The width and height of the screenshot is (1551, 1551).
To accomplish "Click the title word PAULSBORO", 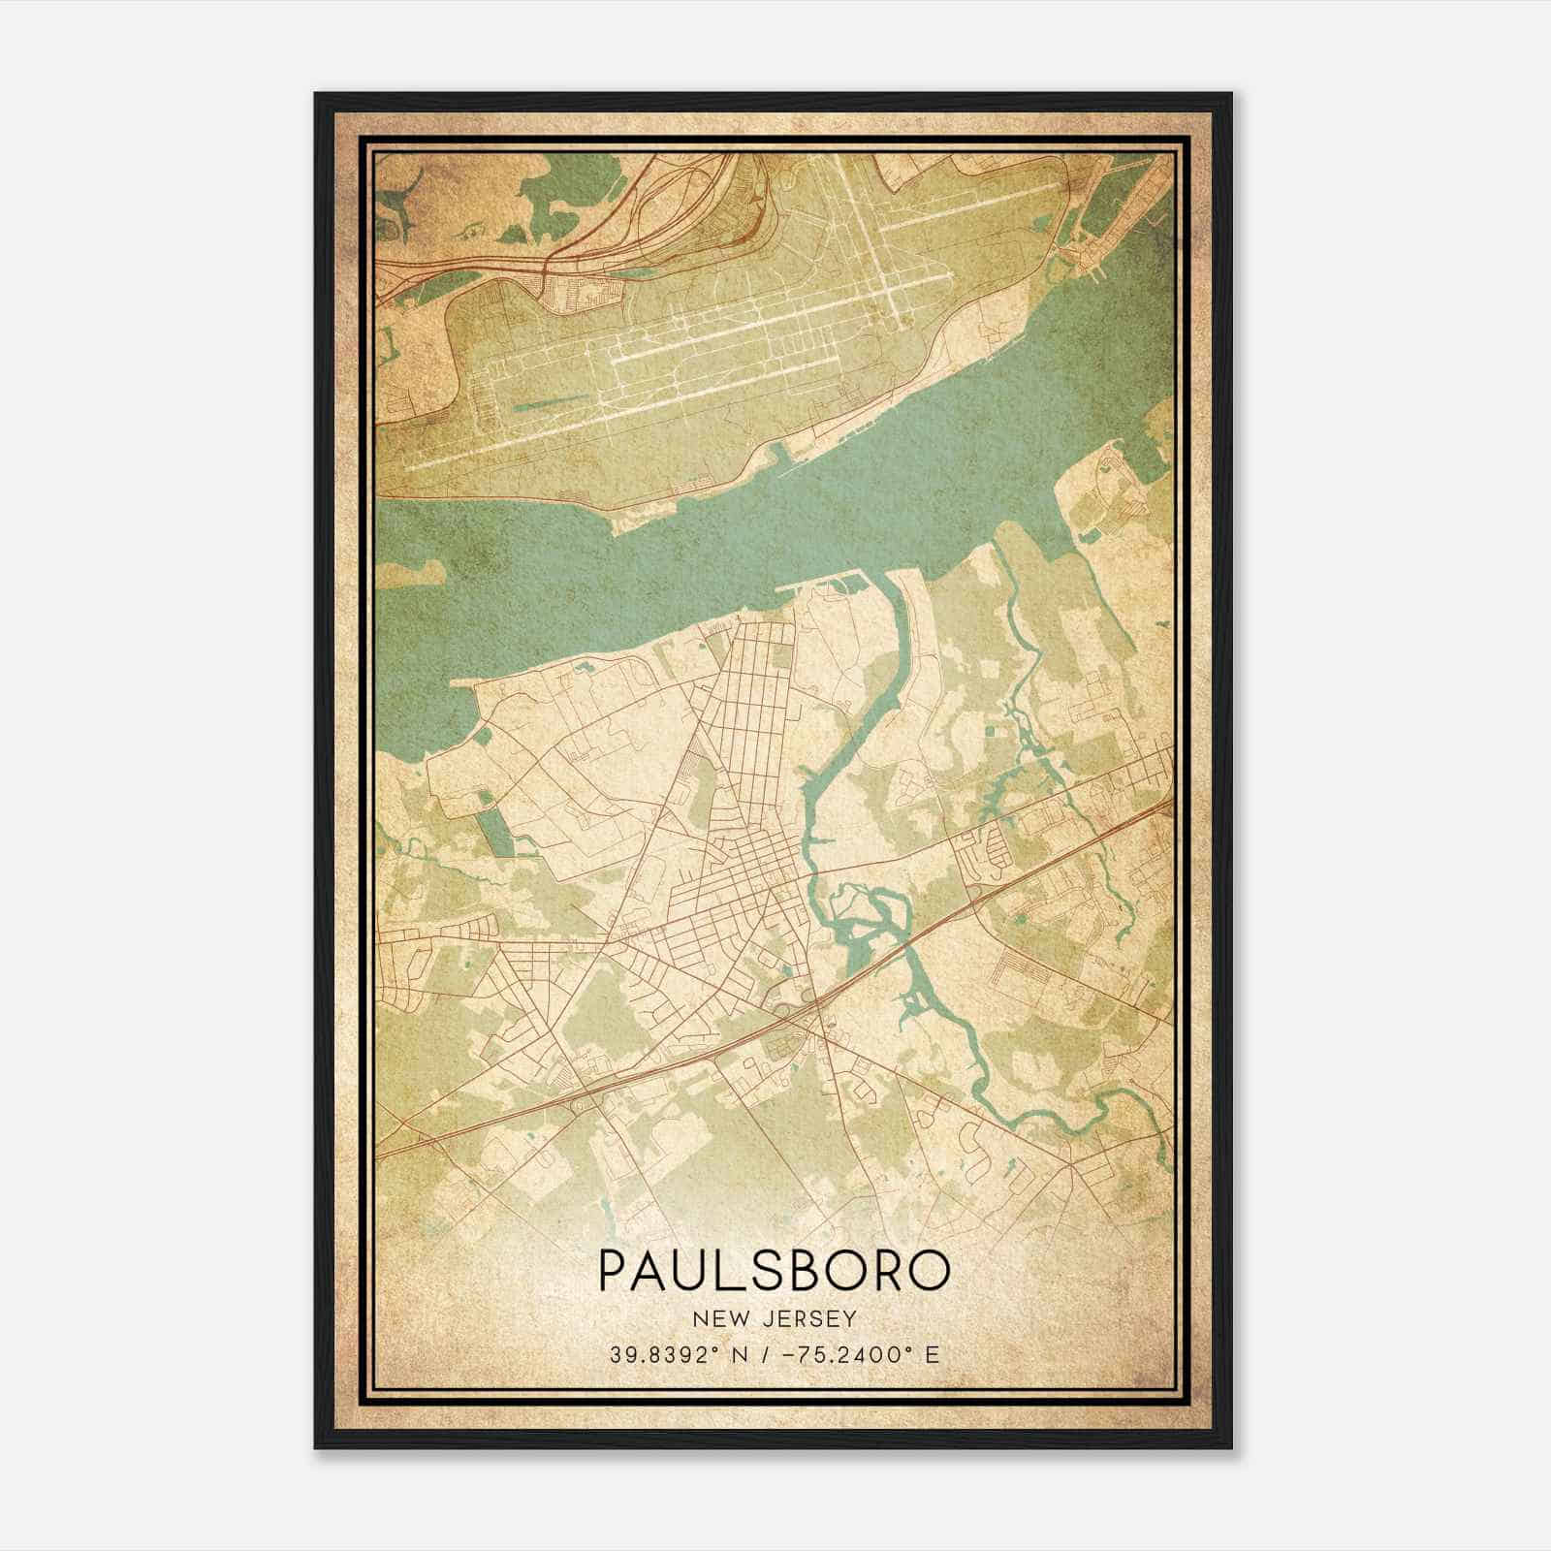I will click(x=774, y=1270).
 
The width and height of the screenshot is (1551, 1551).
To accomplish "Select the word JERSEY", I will click(x=803, y=1318).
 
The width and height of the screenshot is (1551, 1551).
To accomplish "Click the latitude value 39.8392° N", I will click(x=676, y=1354).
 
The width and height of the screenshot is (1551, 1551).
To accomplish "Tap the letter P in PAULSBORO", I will click(x=614, y=1270).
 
